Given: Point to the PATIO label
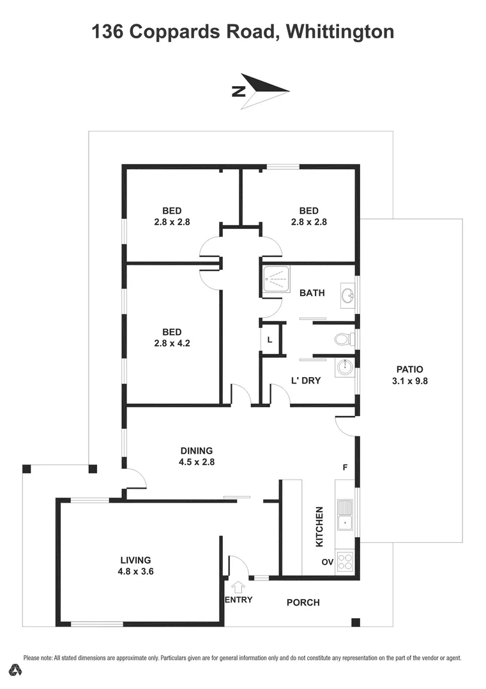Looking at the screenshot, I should pyautogui.click(x=409, y=374).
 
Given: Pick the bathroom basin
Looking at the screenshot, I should pyautogui.click(x=347, y=295).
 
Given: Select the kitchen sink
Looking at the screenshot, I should pyautogui.click(x=346, y=515).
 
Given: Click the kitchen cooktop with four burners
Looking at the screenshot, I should pyautogui.click(x=345, y=561).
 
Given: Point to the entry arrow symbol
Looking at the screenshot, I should pyautogui.click(x=239, y=586).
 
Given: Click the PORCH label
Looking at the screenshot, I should pyautogui.click(x=303, y=602).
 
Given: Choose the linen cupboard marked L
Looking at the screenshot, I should pyautogui.click(x=270, y=339).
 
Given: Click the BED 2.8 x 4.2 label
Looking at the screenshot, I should pyautogui.click(x=172, y=337).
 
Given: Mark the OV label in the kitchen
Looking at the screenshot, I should pyautogui.click(x=327, y=563).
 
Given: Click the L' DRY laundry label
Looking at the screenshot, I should pyautogui.click(x=306, y=380).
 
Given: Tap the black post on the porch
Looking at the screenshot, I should pyautogui.click(x=356, y=622).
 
